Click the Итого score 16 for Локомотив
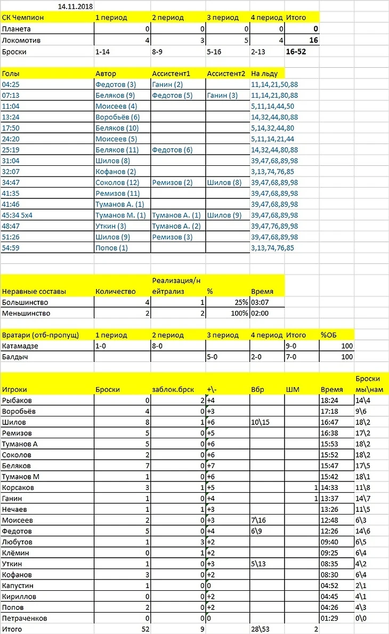[314, 41]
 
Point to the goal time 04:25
[11, 84]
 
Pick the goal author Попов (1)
[111, 248]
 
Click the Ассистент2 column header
[226, 73]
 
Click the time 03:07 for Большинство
[260, 302]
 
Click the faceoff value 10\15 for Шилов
[261, 422]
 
